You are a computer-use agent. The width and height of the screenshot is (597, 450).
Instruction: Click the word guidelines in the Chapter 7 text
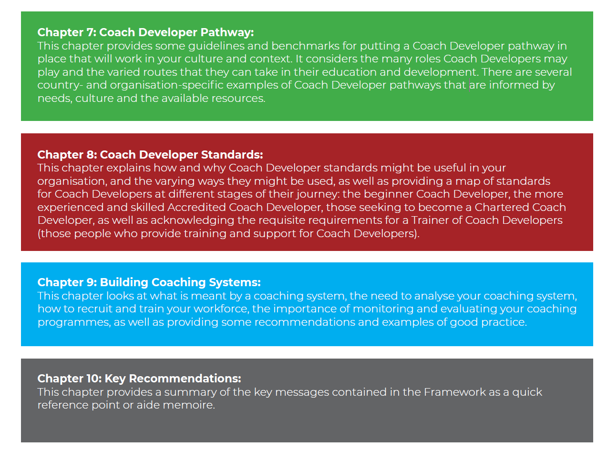(216, 46)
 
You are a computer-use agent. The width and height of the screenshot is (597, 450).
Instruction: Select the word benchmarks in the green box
(305, 45)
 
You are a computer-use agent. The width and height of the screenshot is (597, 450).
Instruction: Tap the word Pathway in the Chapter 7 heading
(227, 32)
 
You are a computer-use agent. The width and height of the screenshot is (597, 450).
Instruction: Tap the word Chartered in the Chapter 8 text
(500, 207)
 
